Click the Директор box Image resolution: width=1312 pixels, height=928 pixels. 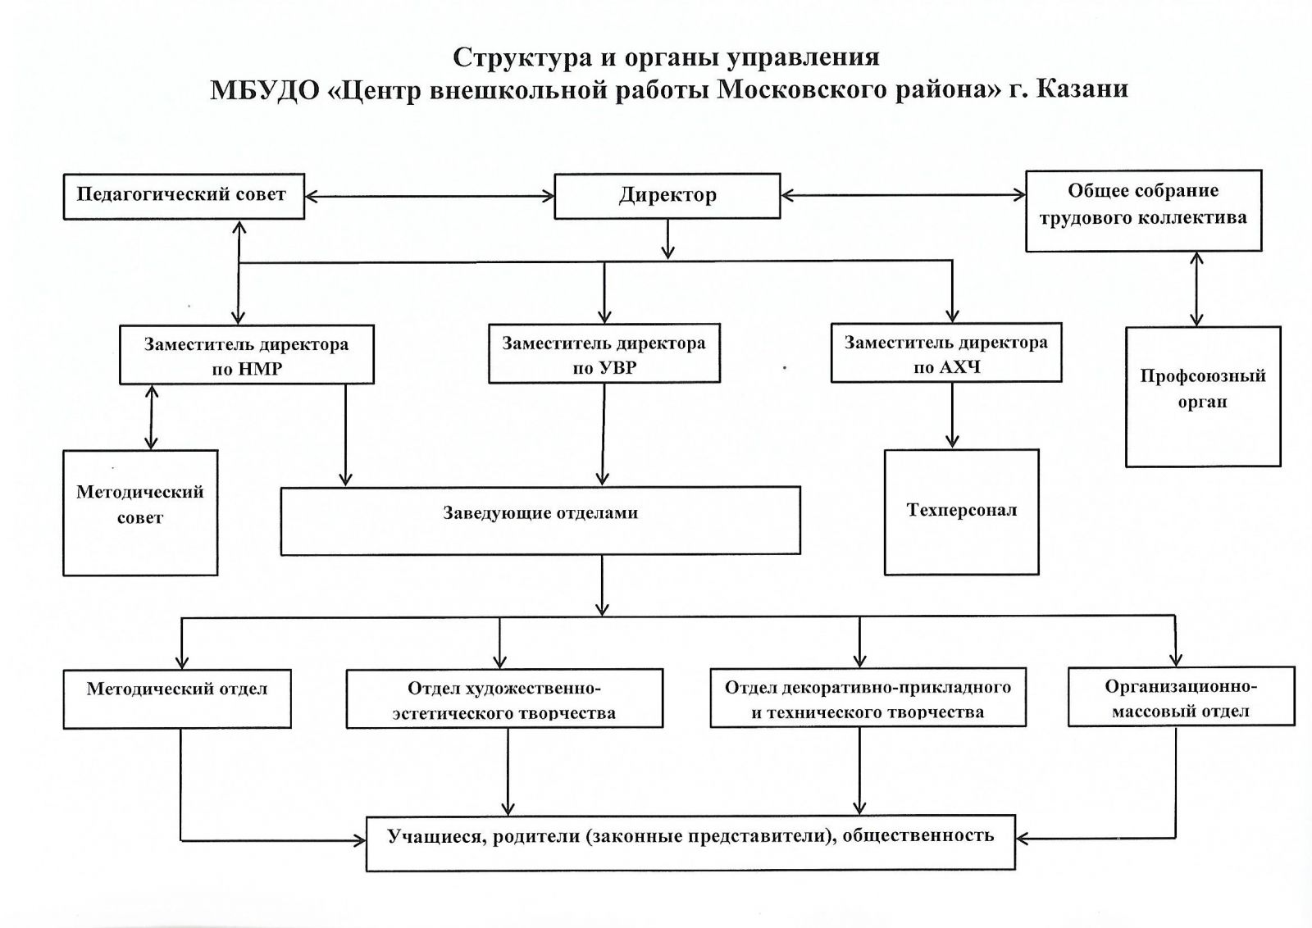click(667, 196)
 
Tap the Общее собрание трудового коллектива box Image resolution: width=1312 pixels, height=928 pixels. click(1143, 210)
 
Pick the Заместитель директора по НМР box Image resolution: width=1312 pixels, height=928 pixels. click(246, 355)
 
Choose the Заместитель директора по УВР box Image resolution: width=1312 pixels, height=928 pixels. click(604, 354)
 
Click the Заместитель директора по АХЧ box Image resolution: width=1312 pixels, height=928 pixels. click(945, 353)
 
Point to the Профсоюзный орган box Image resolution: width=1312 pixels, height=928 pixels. click(1202, 397)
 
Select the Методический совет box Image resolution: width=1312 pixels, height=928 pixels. click(140, 512)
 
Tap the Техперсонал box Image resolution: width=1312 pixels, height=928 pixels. click(961, 512)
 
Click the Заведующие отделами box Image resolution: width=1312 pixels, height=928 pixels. click(540, 521)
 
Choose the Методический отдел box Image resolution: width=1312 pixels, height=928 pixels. click(177, 699)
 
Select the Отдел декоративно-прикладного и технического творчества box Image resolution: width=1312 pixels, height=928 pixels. click(868, 698)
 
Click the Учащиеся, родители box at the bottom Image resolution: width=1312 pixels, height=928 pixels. click(690, 842)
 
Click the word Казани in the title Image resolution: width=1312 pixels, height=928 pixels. click(1082, 89)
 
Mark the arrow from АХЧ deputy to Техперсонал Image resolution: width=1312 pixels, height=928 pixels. click(952, 416)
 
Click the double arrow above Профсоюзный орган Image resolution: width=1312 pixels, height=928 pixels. click(1197, 289)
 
